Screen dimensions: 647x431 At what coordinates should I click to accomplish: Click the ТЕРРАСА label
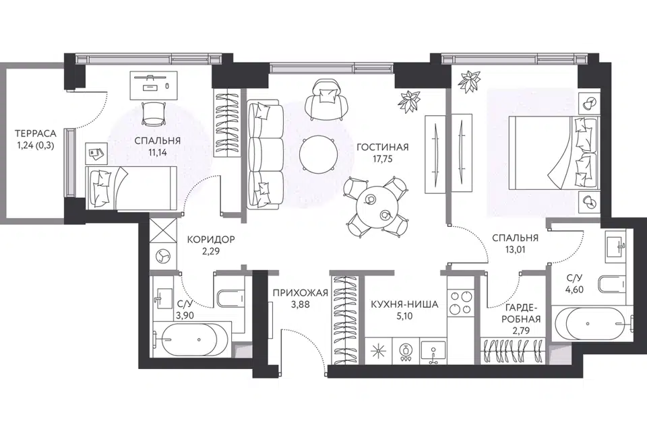36,133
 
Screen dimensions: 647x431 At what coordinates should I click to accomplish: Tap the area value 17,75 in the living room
383,159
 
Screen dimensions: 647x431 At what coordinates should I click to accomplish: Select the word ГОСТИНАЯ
383,147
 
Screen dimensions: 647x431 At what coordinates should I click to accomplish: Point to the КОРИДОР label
211,239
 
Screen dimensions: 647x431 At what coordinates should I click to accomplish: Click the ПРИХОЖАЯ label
301,293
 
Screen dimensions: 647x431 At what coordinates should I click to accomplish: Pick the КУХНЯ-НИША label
404,305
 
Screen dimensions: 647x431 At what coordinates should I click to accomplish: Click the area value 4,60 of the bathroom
575,290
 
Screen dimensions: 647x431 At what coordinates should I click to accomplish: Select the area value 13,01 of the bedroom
515,249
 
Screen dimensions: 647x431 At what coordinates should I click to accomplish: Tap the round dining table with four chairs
376,207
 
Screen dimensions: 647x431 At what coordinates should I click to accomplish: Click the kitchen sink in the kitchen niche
433,352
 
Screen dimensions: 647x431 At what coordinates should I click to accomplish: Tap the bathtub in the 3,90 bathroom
189,340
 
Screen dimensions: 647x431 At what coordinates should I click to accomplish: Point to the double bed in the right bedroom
553,153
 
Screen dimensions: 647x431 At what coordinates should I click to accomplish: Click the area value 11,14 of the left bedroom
157,152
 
